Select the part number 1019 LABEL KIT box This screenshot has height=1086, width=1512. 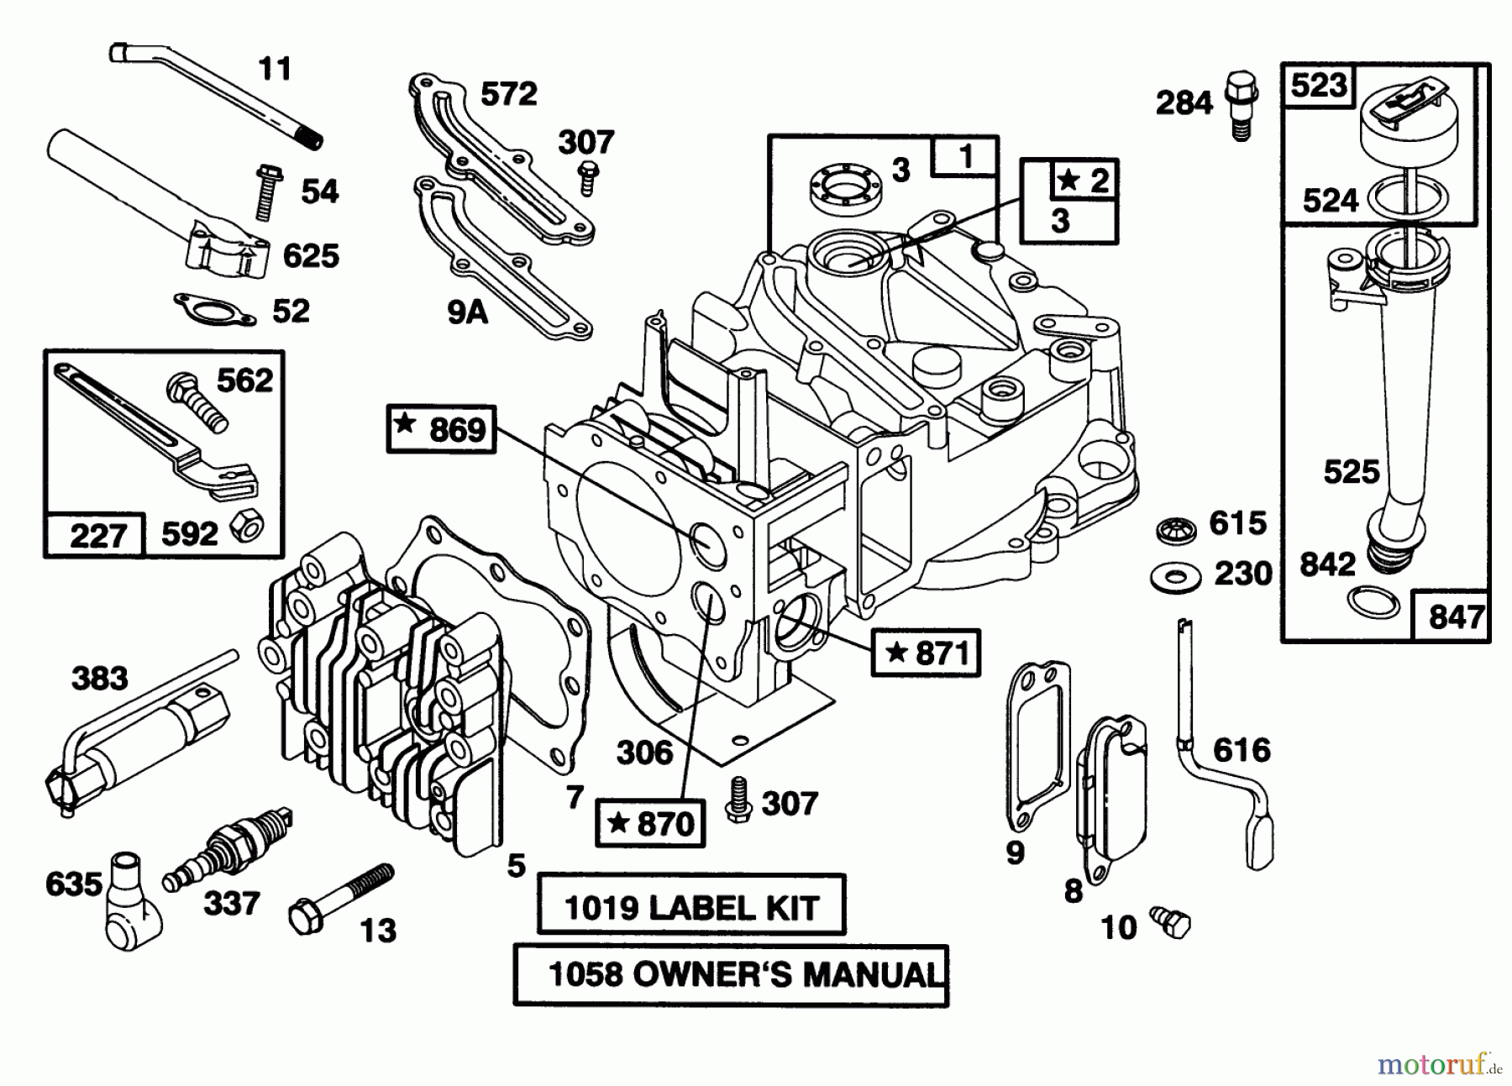(x=690, y=906)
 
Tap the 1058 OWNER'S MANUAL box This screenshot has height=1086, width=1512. (x=730, y=975)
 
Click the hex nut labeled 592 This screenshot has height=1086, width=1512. (x=249, y=527)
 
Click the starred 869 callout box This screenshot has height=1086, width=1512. (x=442, y=429)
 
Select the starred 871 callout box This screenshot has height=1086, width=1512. (x=926, y=653)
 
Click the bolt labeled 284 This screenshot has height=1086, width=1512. (x=1241, y=104)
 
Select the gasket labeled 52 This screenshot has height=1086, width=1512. (x=215, y=310)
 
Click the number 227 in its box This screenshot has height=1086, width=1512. (x=97, y=535)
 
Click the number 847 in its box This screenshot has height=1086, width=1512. (x=1455, y=617)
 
